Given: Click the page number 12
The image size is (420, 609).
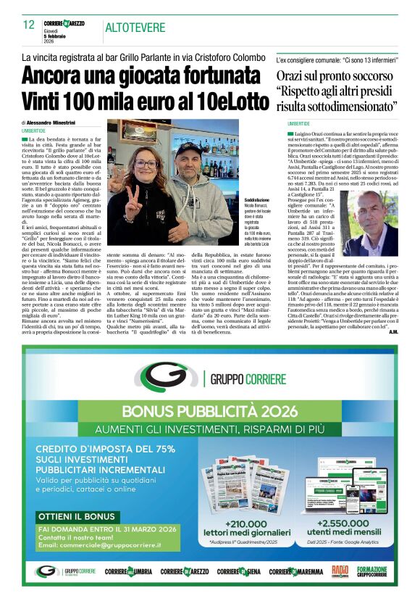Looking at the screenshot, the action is (28, 25).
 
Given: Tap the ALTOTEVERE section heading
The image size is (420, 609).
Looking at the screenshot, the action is (134, 28).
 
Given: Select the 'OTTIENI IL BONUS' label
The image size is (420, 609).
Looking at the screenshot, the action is (74, 515).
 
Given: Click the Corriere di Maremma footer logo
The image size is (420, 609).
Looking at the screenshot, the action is (296, 571).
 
